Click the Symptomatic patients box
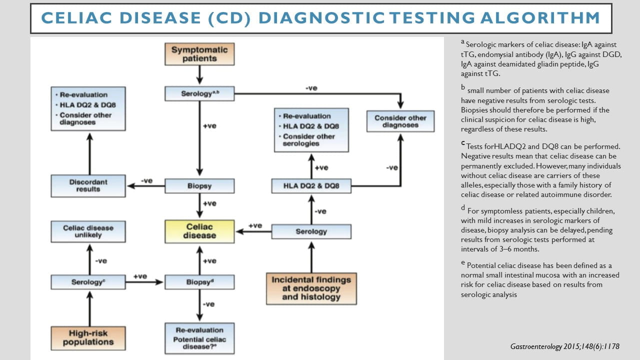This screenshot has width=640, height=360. pos(199,54)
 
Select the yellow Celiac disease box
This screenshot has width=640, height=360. pos(199,231)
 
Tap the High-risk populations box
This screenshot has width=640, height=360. pos(88,337)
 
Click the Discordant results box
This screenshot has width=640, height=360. pos(88,185)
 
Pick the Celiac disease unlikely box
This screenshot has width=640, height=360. pos(88,231)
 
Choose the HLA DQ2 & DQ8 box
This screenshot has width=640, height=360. pos(311,186)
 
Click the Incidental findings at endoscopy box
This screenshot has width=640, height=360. pos(311,288)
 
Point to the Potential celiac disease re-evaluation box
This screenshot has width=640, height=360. pos(199,339)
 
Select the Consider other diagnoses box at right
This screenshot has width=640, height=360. pos(400,121)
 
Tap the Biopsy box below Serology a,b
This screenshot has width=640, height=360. pos(199,186)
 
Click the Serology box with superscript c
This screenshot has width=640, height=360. pos(88,282)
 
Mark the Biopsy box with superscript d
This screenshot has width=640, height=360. pos(199,282)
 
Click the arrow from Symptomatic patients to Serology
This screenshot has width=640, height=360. pos(199,75)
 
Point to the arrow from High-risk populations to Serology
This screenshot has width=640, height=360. pos(89,307)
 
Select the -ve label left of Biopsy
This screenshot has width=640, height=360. pos(146,180)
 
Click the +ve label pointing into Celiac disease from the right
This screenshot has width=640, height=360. pos(255,226)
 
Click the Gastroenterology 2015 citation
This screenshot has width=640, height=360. pos(565,346)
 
